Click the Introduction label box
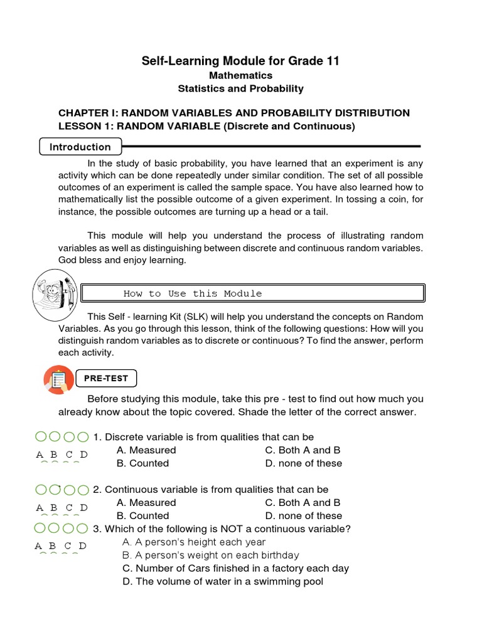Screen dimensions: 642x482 pos(80,147)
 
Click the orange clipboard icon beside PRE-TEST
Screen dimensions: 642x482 pos(59,379)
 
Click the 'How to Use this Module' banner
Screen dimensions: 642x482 pos(254,293)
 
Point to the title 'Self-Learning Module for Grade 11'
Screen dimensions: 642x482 pos(240,61)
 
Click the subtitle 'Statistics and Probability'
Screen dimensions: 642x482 pos(240,88)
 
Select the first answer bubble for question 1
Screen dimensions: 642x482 pos(40,436)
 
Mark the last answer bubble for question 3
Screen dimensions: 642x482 pos(83,529)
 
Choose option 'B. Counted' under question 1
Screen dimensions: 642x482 pos(142,463)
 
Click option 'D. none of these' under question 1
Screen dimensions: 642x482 pos(304,463)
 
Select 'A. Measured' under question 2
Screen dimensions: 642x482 pos(146,502)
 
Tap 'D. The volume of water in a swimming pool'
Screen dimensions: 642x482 pos(223,581)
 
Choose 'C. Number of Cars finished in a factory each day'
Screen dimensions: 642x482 pos(235,568)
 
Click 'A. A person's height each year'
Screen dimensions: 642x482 pos(194,542)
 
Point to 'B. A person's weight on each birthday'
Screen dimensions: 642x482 pos(210,555)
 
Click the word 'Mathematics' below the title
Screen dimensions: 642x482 pos(240,75)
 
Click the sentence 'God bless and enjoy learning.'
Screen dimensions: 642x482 pos(122,260)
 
